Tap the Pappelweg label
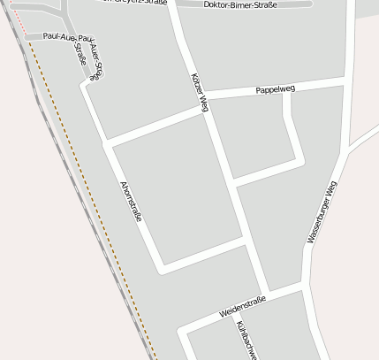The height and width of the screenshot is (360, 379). point(275,90)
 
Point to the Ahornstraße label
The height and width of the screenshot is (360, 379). point(130,202)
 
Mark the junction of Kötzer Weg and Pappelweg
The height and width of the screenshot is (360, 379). point(205,100)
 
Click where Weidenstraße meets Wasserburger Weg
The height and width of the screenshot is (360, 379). point(307,286)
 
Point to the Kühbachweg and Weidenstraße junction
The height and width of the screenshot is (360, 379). point(232,313)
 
